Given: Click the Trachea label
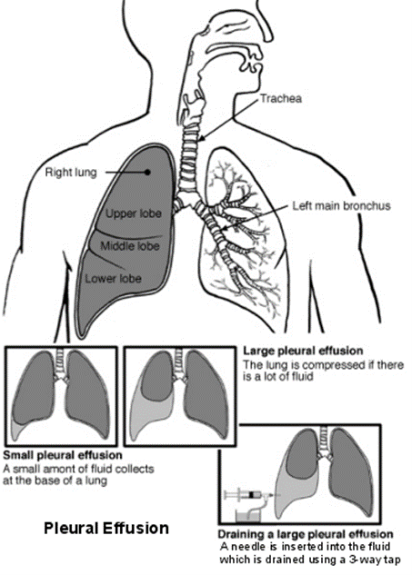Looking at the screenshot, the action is [281, 98].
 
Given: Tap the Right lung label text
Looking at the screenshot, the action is [71, 172].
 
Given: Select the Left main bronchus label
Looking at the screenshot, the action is [341, 205].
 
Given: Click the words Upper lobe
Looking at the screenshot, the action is [134, 213].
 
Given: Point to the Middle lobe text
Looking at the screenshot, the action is [130, 245].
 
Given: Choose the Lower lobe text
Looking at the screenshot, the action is [113, 279].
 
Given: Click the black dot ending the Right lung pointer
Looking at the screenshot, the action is [147, 172].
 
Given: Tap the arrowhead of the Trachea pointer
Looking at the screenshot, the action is [201, 138].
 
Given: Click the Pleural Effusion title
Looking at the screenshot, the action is [106, 529].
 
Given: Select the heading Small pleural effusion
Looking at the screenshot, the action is [63, 455].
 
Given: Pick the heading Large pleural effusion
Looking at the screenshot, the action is [303, 351].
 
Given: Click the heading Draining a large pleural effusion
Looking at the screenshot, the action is [306, 534].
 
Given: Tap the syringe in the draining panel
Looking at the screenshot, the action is [250, 495].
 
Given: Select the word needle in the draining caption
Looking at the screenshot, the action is [249, 547].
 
